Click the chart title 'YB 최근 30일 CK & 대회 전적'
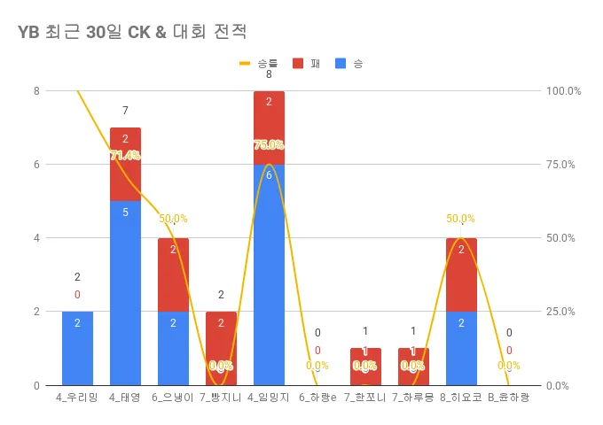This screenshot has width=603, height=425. (131, 32)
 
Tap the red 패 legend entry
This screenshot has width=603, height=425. (306, 63)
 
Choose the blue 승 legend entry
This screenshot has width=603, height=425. (349, 63)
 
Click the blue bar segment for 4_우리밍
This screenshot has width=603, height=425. (77, 348)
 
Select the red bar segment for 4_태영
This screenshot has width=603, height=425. (125, 164)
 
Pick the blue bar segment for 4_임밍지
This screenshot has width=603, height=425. (269, 274)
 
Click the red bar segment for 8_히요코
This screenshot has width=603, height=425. (461, 274)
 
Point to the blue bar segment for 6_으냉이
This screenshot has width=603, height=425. (173, 348)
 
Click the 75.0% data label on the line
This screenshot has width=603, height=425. (269, 144)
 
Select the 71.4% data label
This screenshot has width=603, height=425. (125, 156)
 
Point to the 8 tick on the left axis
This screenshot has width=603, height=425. (36, 90)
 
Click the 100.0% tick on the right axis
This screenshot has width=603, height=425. (564, 90)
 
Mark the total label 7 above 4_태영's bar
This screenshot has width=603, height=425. (125, 111)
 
